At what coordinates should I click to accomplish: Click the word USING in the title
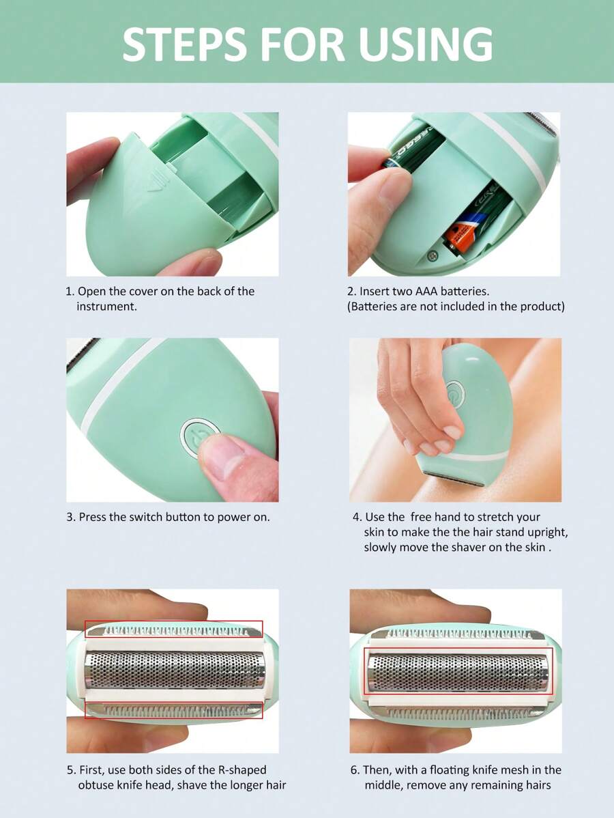(x=425, y=45)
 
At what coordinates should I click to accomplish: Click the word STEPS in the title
(x=184, y=45)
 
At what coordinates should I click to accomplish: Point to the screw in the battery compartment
(x=432, y=255)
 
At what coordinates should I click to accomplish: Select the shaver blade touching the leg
(x=452, y=479)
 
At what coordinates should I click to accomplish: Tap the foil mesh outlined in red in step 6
(x=458, y=672)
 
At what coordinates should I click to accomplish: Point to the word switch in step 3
(x=145, y=517)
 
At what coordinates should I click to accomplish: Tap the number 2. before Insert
(x=352, y=291)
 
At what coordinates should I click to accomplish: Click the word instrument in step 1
(x=106, y=306)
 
